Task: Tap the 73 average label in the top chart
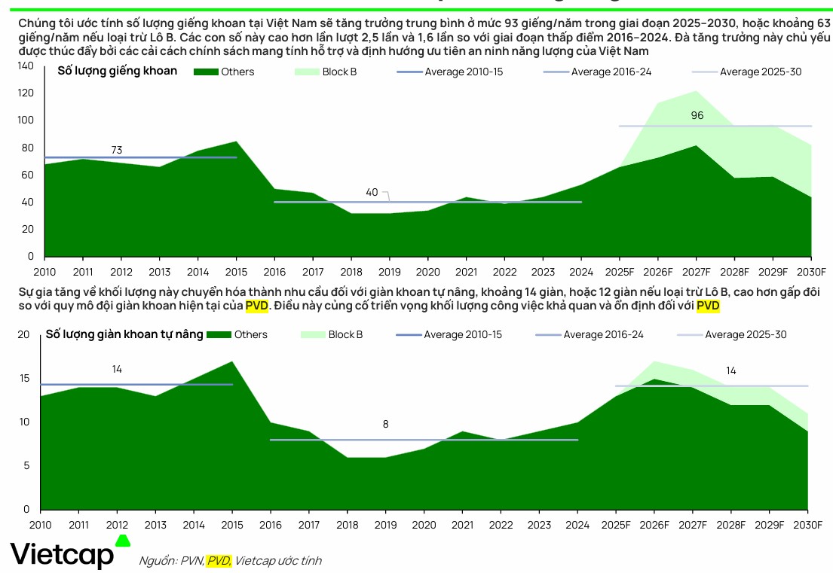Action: coord(117,151)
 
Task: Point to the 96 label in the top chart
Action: coord(697,115)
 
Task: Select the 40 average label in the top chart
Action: coord(372,192)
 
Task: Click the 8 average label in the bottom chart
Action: coord(385,424)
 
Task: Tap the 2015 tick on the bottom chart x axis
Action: coord(233,525)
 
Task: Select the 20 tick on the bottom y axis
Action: coord(23,334)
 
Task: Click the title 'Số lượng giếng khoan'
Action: coord(118,71)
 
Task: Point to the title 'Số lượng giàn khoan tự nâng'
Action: coord(124,334)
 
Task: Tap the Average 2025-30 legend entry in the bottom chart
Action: coord(731,334)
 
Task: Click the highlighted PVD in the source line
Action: coord(219,560)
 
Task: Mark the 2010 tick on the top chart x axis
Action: coord(45,272)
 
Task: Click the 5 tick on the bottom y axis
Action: coord(26,466)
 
